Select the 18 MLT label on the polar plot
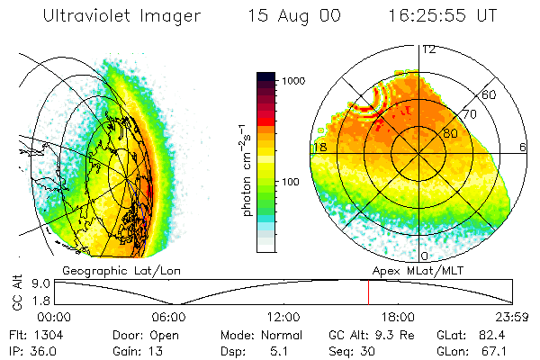(319, 146)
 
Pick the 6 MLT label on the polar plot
(523, 146)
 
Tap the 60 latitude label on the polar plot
(490, 94)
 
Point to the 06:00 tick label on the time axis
(169, 317)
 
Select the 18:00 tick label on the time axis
(398, 317)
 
